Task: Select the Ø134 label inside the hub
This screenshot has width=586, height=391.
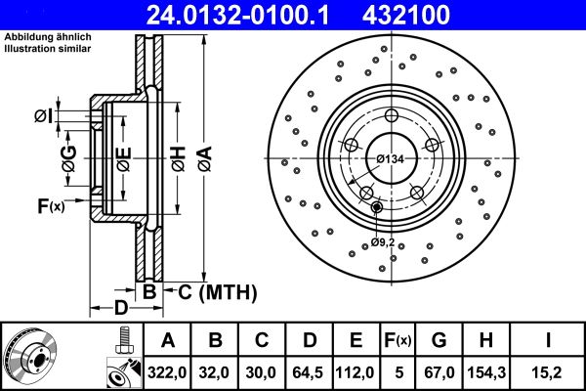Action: pos(390,158)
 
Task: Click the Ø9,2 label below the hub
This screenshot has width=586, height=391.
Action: pos(382,241)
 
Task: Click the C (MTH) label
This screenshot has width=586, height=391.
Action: pos(210,290)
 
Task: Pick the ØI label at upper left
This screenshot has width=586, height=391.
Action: pos(43,117)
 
